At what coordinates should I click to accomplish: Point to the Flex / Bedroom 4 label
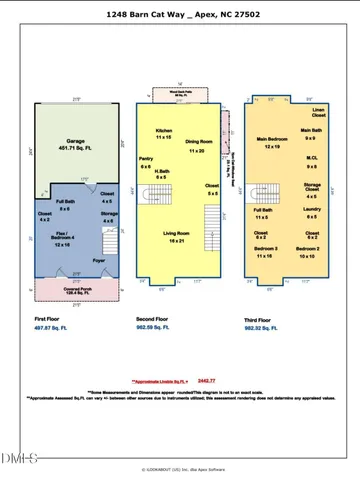tap(62, 240)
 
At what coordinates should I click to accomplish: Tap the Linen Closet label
tap(318, 111)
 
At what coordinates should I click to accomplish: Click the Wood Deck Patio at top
tap(180, 91)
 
